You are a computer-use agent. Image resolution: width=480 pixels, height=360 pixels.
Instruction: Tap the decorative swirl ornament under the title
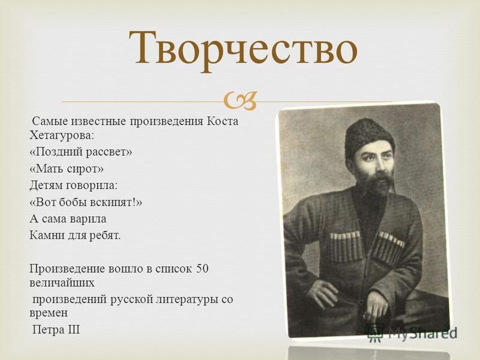(240, 101)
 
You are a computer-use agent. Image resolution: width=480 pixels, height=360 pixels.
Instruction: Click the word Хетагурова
(61, 135)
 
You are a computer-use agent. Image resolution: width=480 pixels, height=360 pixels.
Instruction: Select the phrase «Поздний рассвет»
(81, 152)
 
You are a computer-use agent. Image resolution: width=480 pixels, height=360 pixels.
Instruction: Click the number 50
(202, 268)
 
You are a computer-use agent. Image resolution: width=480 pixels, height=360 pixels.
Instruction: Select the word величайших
(62, 283)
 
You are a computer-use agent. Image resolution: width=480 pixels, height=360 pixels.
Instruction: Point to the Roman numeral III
(73, 329)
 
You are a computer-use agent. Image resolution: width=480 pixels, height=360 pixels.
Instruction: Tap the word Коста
(222, 121)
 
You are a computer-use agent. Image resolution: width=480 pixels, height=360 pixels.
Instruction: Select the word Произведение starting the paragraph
(67, 269)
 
